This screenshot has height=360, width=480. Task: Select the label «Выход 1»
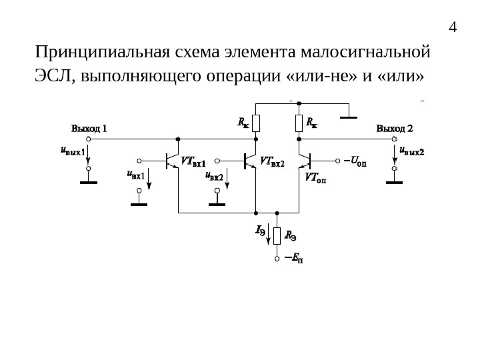point(89,128)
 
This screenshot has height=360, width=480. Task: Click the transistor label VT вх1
point(193,162)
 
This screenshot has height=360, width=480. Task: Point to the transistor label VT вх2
point(271,162)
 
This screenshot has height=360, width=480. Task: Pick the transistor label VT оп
point(315,178)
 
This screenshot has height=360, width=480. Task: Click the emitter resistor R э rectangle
point(277,235)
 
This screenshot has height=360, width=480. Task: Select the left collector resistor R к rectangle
point(256,123)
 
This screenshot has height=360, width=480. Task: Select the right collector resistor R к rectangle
point(299,123)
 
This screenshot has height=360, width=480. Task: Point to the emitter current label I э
point(261,231)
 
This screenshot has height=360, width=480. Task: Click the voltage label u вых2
point(411,151)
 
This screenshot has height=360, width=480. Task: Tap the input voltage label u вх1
point(135,176)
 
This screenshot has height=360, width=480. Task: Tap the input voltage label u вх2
point(213,176)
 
